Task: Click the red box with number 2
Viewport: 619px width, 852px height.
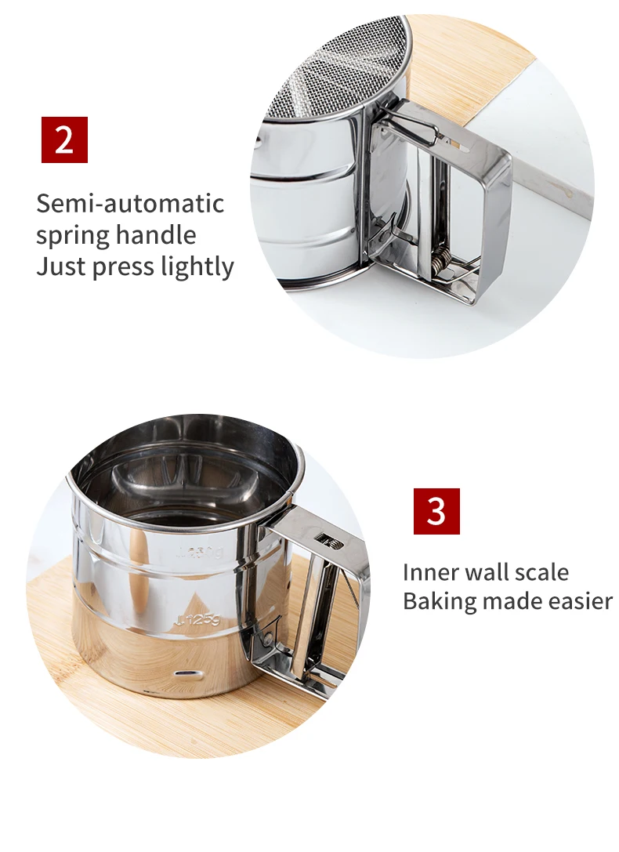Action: (64, 140)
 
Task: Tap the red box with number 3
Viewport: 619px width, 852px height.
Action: (436, 511)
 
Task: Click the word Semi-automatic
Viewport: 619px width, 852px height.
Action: (130, 204)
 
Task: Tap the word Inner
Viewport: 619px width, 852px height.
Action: (430, 571)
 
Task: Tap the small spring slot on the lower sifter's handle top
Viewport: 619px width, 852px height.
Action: (324, 538)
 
